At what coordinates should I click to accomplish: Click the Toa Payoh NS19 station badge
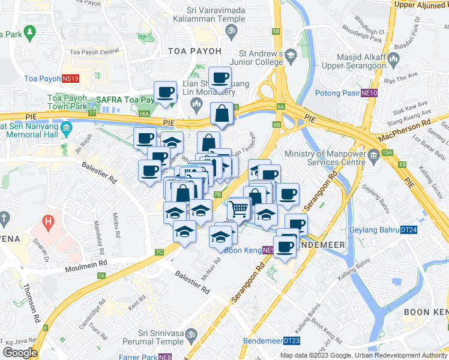[x=70, y=79]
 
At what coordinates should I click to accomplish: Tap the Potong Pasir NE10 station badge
[x=369, y=93]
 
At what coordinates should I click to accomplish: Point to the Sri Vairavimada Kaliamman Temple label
[x=215, y=14]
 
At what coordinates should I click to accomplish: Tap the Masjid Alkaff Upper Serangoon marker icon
[x=394, y=58]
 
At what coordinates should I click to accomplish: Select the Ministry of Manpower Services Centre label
[x=325, y=158]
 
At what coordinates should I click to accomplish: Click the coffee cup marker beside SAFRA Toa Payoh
[x=165, y=92]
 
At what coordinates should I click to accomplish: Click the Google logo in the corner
[x=20, y=352]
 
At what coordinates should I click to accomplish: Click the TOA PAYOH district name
[x=194, y=51]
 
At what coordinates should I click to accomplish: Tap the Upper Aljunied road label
[x=420, y=5]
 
